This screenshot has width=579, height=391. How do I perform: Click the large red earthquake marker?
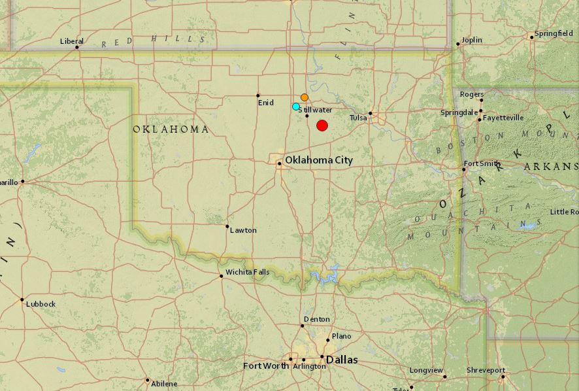coord(322,126)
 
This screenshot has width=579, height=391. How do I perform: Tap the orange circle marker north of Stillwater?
coord(305,97)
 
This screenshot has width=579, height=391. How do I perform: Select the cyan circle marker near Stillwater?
coord(296,107)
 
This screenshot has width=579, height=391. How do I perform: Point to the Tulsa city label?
coord(358,118)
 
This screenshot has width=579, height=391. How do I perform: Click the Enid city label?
coord(265,103)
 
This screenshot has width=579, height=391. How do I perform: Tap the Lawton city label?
coord(243,230)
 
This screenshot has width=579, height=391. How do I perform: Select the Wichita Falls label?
coord(247,272)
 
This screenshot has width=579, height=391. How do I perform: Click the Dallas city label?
coord(342,360)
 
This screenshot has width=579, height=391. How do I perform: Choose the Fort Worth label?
coord(265,365)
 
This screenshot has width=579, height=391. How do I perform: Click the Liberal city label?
coord(72,41)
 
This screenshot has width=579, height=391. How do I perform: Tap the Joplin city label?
coord(471,40)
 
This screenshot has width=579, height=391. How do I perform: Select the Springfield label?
coord(554,33)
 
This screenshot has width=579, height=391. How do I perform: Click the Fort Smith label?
coord(482,163)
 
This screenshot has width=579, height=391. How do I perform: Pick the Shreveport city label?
coord(486,370)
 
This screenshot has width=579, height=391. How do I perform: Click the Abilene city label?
coord(163,384)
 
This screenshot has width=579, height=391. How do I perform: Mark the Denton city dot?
coord(303,326)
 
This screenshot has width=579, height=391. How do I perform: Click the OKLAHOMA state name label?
coord(171,129)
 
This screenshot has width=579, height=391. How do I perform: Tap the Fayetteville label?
coord(503,118)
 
